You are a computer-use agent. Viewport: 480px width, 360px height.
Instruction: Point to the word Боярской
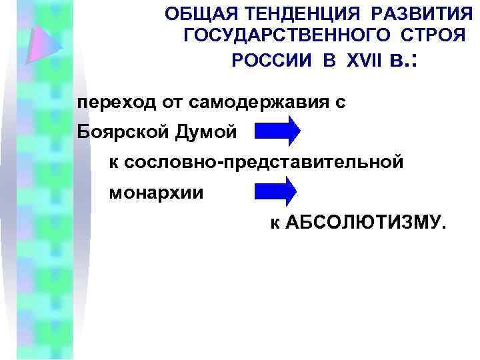[115, 132]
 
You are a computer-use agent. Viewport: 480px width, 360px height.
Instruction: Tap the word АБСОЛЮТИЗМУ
[363, 221]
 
